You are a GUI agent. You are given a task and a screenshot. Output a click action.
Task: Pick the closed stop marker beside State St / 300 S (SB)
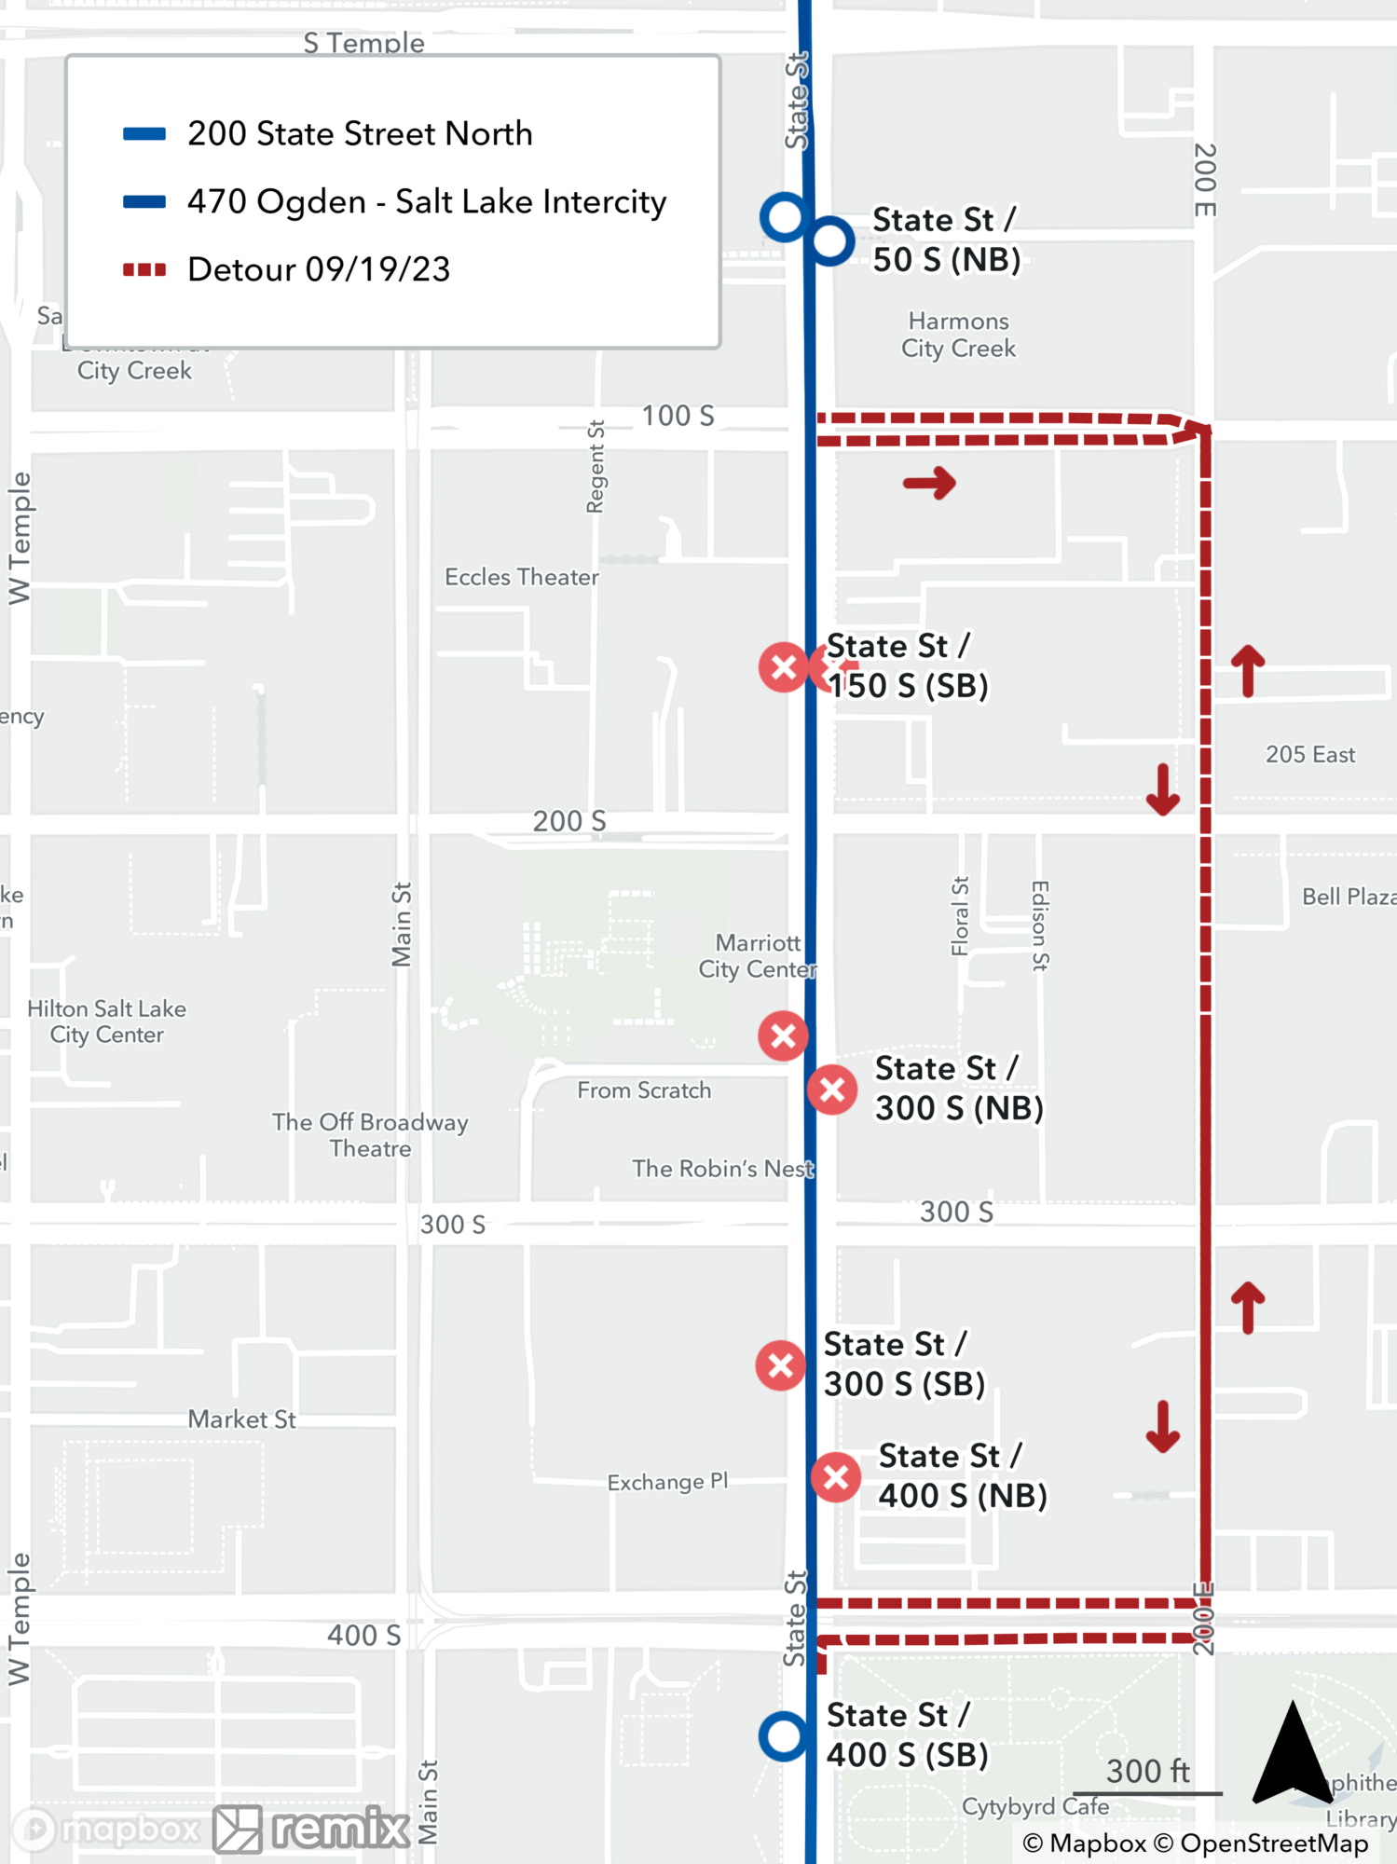point(781,1365)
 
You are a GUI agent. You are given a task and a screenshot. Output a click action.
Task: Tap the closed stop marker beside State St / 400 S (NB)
point(836,1477)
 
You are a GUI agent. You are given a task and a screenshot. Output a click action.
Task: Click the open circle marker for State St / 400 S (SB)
point(783,1735)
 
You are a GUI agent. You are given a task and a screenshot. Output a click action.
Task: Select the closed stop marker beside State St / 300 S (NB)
point(832,1090)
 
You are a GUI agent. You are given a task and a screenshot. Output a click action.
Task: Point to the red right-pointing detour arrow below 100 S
point(929,483)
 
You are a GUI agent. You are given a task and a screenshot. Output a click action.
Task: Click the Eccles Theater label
point(521,577)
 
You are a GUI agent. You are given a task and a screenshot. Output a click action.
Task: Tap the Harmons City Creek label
point(958,335)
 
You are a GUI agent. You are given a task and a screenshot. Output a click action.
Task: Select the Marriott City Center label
point(757,956)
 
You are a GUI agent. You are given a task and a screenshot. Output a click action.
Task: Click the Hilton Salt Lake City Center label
point(106,1021)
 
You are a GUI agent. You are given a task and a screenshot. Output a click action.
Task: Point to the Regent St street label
point(596,467)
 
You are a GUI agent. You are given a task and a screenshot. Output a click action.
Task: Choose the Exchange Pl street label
point(667,1482)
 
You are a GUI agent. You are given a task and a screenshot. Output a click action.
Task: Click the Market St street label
point(241,1419)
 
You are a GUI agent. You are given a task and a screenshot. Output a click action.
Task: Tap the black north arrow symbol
point(1292,1752)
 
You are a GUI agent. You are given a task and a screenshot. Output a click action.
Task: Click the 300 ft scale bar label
point(1147,1771)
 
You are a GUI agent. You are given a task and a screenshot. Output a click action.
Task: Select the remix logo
point(312,1829)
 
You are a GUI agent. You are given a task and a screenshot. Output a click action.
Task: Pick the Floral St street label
point(960,916)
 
